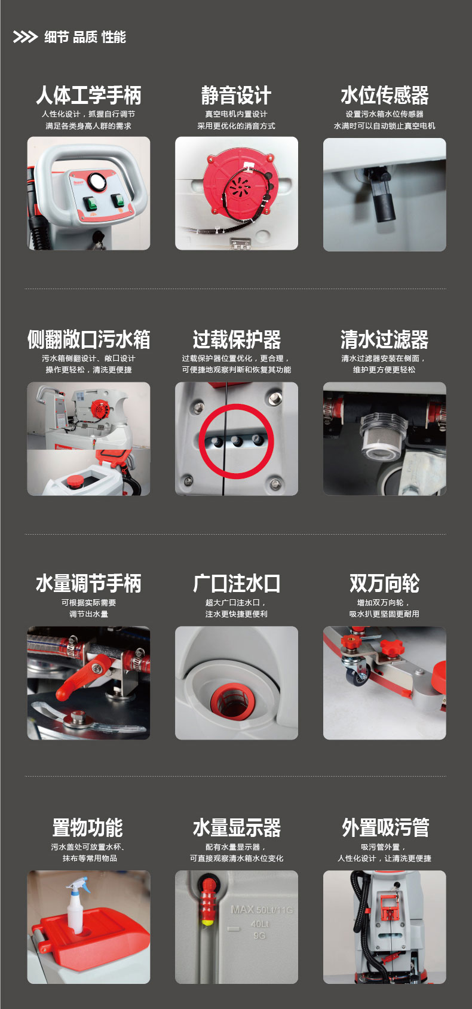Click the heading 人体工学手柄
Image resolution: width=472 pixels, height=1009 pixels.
(89, 95)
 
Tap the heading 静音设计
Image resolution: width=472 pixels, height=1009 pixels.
(236, 95)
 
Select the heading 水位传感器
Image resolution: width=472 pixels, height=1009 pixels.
(385, 95)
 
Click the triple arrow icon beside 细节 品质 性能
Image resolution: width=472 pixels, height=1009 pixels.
(25, 37)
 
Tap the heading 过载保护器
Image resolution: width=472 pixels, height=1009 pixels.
(237, 339)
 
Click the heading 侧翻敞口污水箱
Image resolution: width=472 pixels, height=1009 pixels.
(89, 339)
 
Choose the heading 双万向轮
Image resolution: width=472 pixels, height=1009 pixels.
(385, 583)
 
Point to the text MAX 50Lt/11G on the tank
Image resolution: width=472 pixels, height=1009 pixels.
(262, 910)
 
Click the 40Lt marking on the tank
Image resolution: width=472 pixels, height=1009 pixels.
(260, 924)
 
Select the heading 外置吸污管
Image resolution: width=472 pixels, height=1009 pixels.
(385, 827)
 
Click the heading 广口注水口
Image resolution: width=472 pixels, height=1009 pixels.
(237, 583)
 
